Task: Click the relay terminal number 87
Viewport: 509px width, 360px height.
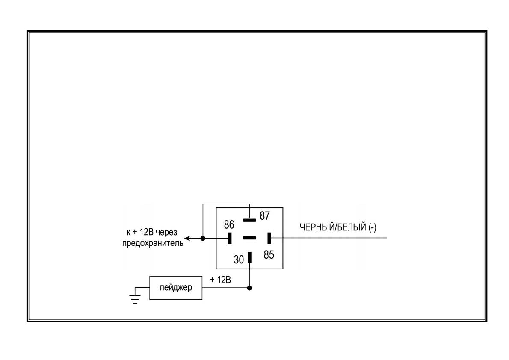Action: click(x=265, y=216)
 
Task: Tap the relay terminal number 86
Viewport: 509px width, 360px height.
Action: click(x=230, y=224)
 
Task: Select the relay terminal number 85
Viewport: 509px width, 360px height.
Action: click(x=269, y=255)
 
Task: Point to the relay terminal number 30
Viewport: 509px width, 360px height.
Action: click(x=239, y=259)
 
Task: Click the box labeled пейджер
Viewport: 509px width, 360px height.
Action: click(x=175, y=288)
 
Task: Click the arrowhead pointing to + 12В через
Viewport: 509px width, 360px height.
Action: click(x=188, y=238)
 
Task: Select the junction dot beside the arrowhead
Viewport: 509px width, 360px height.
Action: click(x=203, y=238)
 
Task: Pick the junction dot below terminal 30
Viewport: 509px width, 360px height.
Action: click(x=250, y=288)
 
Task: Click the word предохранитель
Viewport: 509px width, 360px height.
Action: click(x=153, y=244)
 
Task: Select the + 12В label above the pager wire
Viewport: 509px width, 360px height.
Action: click(x=220, y=280)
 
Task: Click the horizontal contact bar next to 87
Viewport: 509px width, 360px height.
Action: click(x=249, y=220)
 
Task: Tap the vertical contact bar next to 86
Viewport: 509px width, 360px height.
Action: click(x=230, y=238)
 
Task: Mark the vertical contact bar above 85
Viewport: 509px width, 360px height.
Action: click(x=269, y=238)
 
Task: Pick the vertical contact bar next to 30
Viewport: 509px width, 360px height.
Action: click(x=250, y=258)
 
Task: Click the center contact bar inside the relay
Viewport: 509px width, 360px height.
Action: click(x=249, y=238)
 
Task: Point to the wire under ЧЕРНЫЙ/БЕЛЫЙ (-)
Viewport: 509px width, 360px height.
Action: click(x=334, y=238)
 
